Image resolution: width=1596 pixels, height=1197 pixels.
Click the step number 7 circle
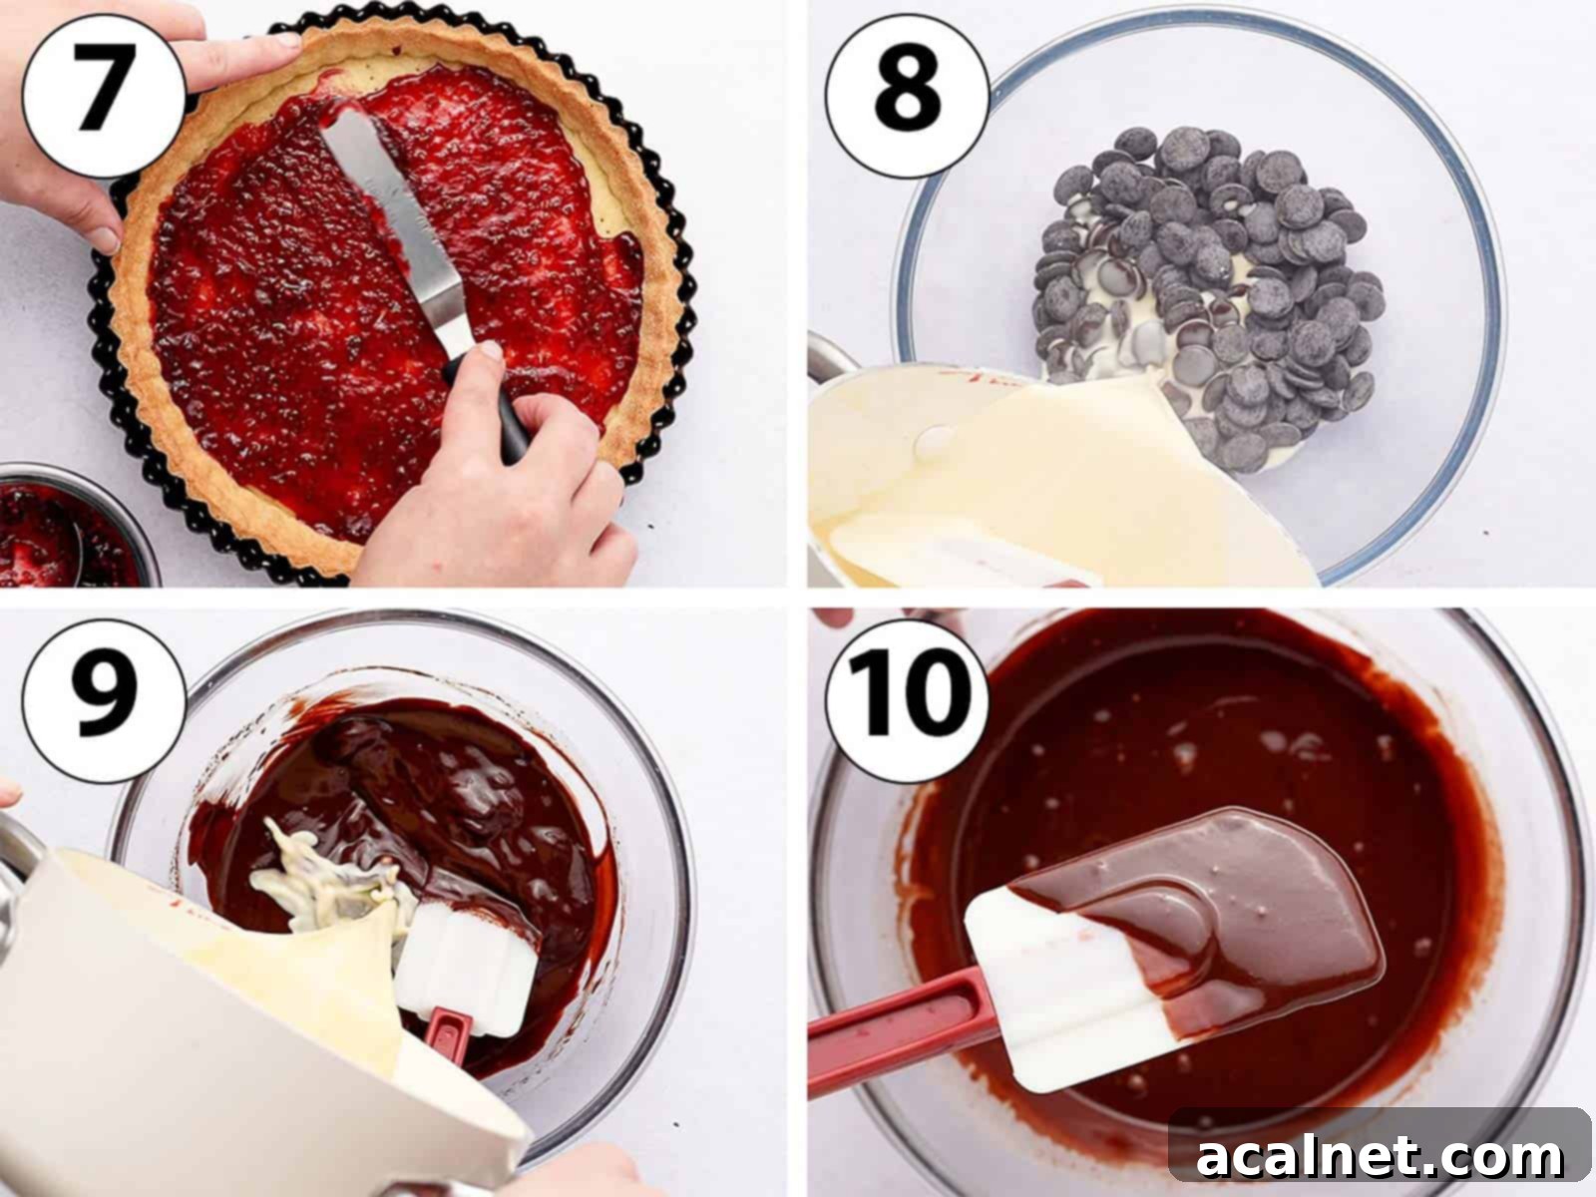click(x=103, y=85)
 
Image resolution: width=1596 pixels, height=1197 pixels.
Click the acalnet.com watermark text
click(x=1379, y=1157)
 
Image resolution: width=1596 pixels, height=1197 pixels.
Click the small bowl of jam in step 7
click(x=60, y=529)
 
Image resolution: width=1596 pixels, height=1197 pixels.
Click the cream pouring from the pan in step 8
click(x=1057, y=479)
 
